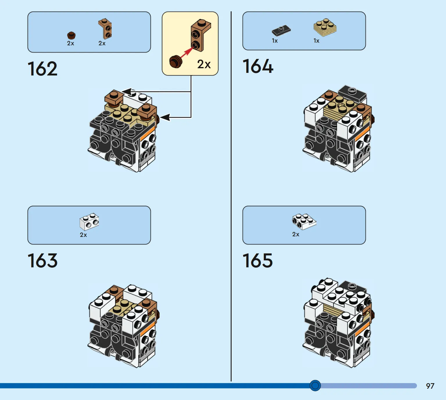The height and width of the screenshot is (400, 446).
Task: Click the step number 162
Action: [42, 69]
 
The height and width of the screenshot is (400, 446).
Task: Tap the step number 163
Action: [42, 261]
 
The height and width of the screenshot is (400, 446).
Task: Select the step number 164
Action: [258, 66]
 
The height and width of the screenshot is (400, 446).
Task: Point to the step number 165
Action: [257, 261]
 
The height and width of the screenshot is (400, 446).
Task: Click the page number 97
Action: [430, 386]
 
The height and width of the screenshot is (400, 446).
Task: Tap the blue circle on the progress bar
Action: [315, 385]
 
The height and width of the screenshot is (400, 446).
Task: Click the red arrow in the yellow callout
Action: [187, 52]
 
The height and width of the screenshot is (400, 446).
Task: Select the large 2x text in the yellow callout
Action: [204, 64]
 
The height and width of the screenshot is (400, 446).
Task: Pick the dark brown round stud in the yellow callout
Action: [176, 62]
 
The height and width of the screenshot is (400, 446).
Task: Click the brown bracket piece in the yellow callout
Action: [200, 35]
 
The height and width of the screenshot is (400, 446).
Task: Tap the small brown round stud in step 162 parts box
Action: [71, 35]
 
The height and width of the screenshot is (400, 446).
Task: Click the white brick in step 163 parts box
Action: [89, 221]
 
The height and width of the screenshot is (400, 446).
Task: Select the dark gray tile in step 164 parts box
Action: [281, 30]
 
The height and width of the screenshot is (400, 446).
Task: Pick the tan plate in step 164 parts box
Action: [325, 27]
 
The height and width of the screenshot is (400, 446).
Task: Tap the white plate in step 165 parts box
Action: [304, 222]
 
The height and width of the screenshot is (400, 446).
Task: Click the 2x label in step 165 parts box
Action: [296, 234]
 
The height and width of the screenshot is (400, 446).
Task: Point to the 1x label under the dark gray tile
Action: [275, 41]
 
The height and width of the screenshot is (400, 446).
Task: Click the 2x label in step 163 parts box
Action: [83, 235]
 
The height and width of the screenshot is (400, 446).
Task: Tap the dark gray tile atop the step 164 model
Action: [352, 93]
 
